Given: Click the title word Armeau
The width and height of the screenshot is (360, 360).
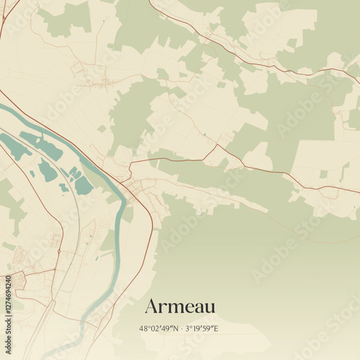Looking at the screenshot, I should click(180, 306).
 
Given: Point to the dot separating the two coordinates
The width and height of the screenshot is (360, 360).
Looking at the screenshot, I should click(179, 329).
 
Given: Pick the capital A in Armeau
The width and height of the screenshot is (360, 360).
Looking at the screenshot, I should click(152, 306).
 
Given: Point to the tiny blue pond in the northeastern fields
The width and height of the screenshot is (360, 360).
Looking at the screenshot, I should click(204, 134).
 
